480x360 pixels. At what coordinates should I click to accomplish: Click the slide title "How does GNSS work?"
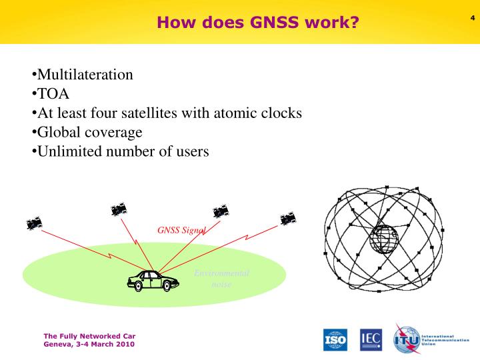pos(257,23)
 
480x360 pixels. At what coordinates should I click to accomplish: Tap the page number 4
pos(471,16)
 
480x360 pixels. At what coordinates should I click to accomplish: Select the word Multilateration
pos(85,75)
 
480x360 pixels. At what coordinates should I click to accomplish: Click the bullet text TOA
pos(53,94)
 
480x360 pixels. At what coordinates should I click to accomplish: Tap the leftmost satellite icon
pos(35,223)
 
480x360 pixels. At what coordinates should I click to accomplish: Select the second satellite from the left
pos(119,210)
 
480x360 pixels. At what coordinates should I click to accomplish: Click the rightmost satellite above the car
pos(289,218)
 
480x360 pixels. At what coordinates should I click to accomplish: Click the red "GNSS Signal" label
pos(181,231)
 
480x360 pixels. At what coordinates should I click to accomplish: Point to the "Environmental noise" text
pos(221,279)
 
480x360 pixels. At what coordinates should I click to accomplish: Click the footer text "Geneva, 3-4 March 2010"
pos(89,345)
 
